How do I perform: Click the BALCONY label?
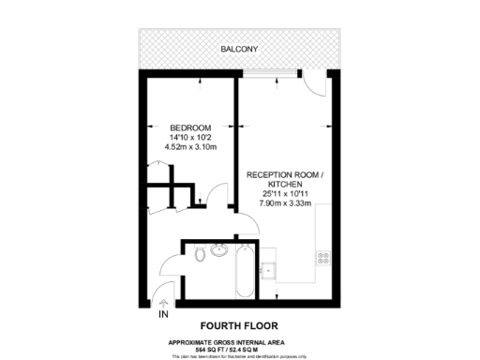239,49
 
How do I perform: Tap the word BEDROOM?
190,127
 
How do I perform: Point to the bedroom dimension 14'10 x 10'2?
190,138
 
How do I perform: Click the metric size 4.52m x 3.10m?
190,148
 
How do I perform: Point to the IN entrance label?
164,315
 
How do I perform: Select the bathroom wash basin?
220,250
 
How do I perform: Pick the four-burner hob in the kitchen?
325,255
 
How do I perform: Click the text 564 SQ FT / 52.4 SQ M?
240,348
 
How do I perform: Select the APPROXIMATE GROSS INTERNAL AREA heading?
240,340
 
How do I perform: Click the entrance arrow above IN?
164,303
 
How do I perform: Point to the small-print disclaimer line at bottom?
240,355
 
